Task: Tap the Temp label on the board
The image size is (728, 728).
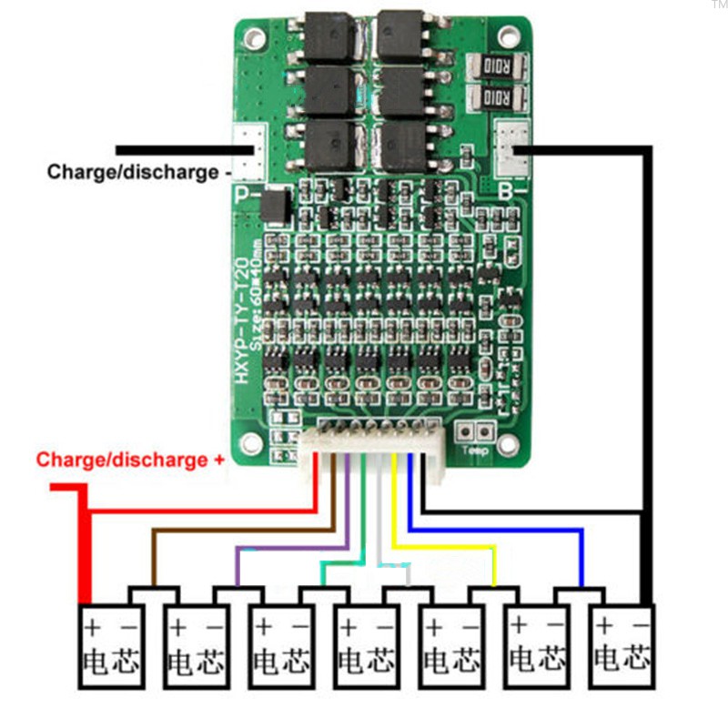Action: (x=475, y=450)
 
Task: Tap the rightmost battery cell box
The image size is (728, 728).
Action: (x=622, y=642)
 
